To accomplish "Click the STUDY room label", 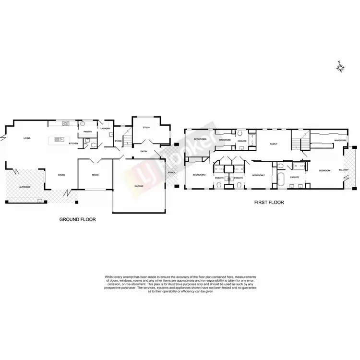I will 146,128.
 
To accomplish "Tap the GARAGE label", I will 139,186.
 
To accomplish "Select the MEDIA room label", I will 96,175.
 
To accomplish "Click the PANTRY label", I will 88,132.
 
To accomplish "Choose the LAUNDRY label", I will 106,128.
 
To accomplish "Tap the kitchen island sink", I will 57,140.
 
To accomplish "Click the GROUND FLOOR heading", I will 77,219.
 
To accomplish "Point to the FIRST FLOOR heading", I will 269,203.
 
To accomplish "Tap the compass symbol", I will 340,67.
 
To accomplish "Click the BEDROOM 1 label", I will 325,171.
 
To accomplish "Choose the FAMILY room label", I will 274,144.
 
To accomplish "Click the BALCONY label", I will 344,170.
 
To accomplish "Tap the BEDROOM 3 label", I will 199,175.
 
